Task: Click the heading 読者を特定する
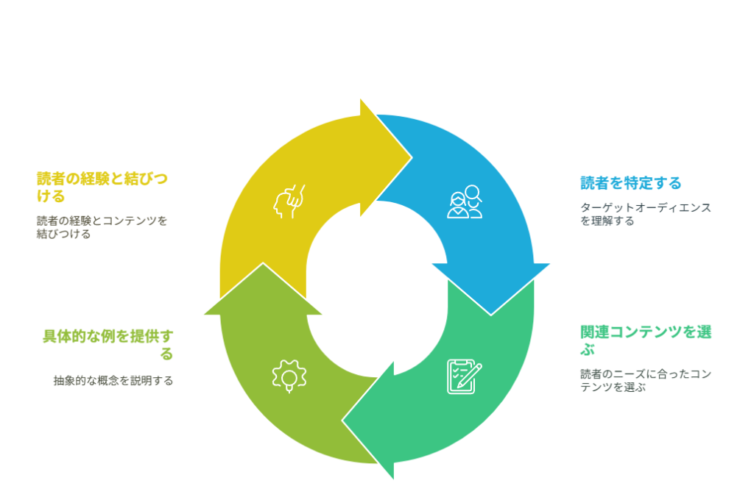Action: (630, 183)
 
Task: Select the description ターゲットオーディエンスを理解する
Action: (645, 214)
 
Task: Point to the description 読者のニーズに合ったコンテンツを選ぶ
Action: (645, 380)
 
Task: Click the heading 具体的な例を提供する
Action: (108, 345)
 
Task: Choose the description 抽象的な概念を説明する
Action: (113, 381)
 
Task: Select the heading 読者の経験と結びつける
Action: (102, 187)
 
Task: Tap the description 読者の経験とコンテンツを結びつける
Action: (102, 227)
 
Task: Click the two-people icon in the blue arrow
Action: (465, 202)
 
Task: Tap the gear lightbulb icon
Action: (289, 376)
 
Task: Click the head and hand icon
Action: (289, 201)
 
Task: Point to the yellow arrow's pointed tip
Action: (412, 157)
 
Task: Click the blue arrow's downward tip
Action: (491, 315)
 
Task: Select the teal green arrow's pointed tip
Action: (342, 421)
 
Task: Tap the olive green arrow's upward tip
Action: (263, 263)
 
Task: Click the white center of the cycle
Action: (377, 289)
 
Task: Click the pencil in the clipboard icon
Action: (470, 376)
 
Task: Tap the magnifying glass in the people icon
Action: (473, 193)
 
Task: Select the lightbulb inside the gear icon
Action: (289, 382)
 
